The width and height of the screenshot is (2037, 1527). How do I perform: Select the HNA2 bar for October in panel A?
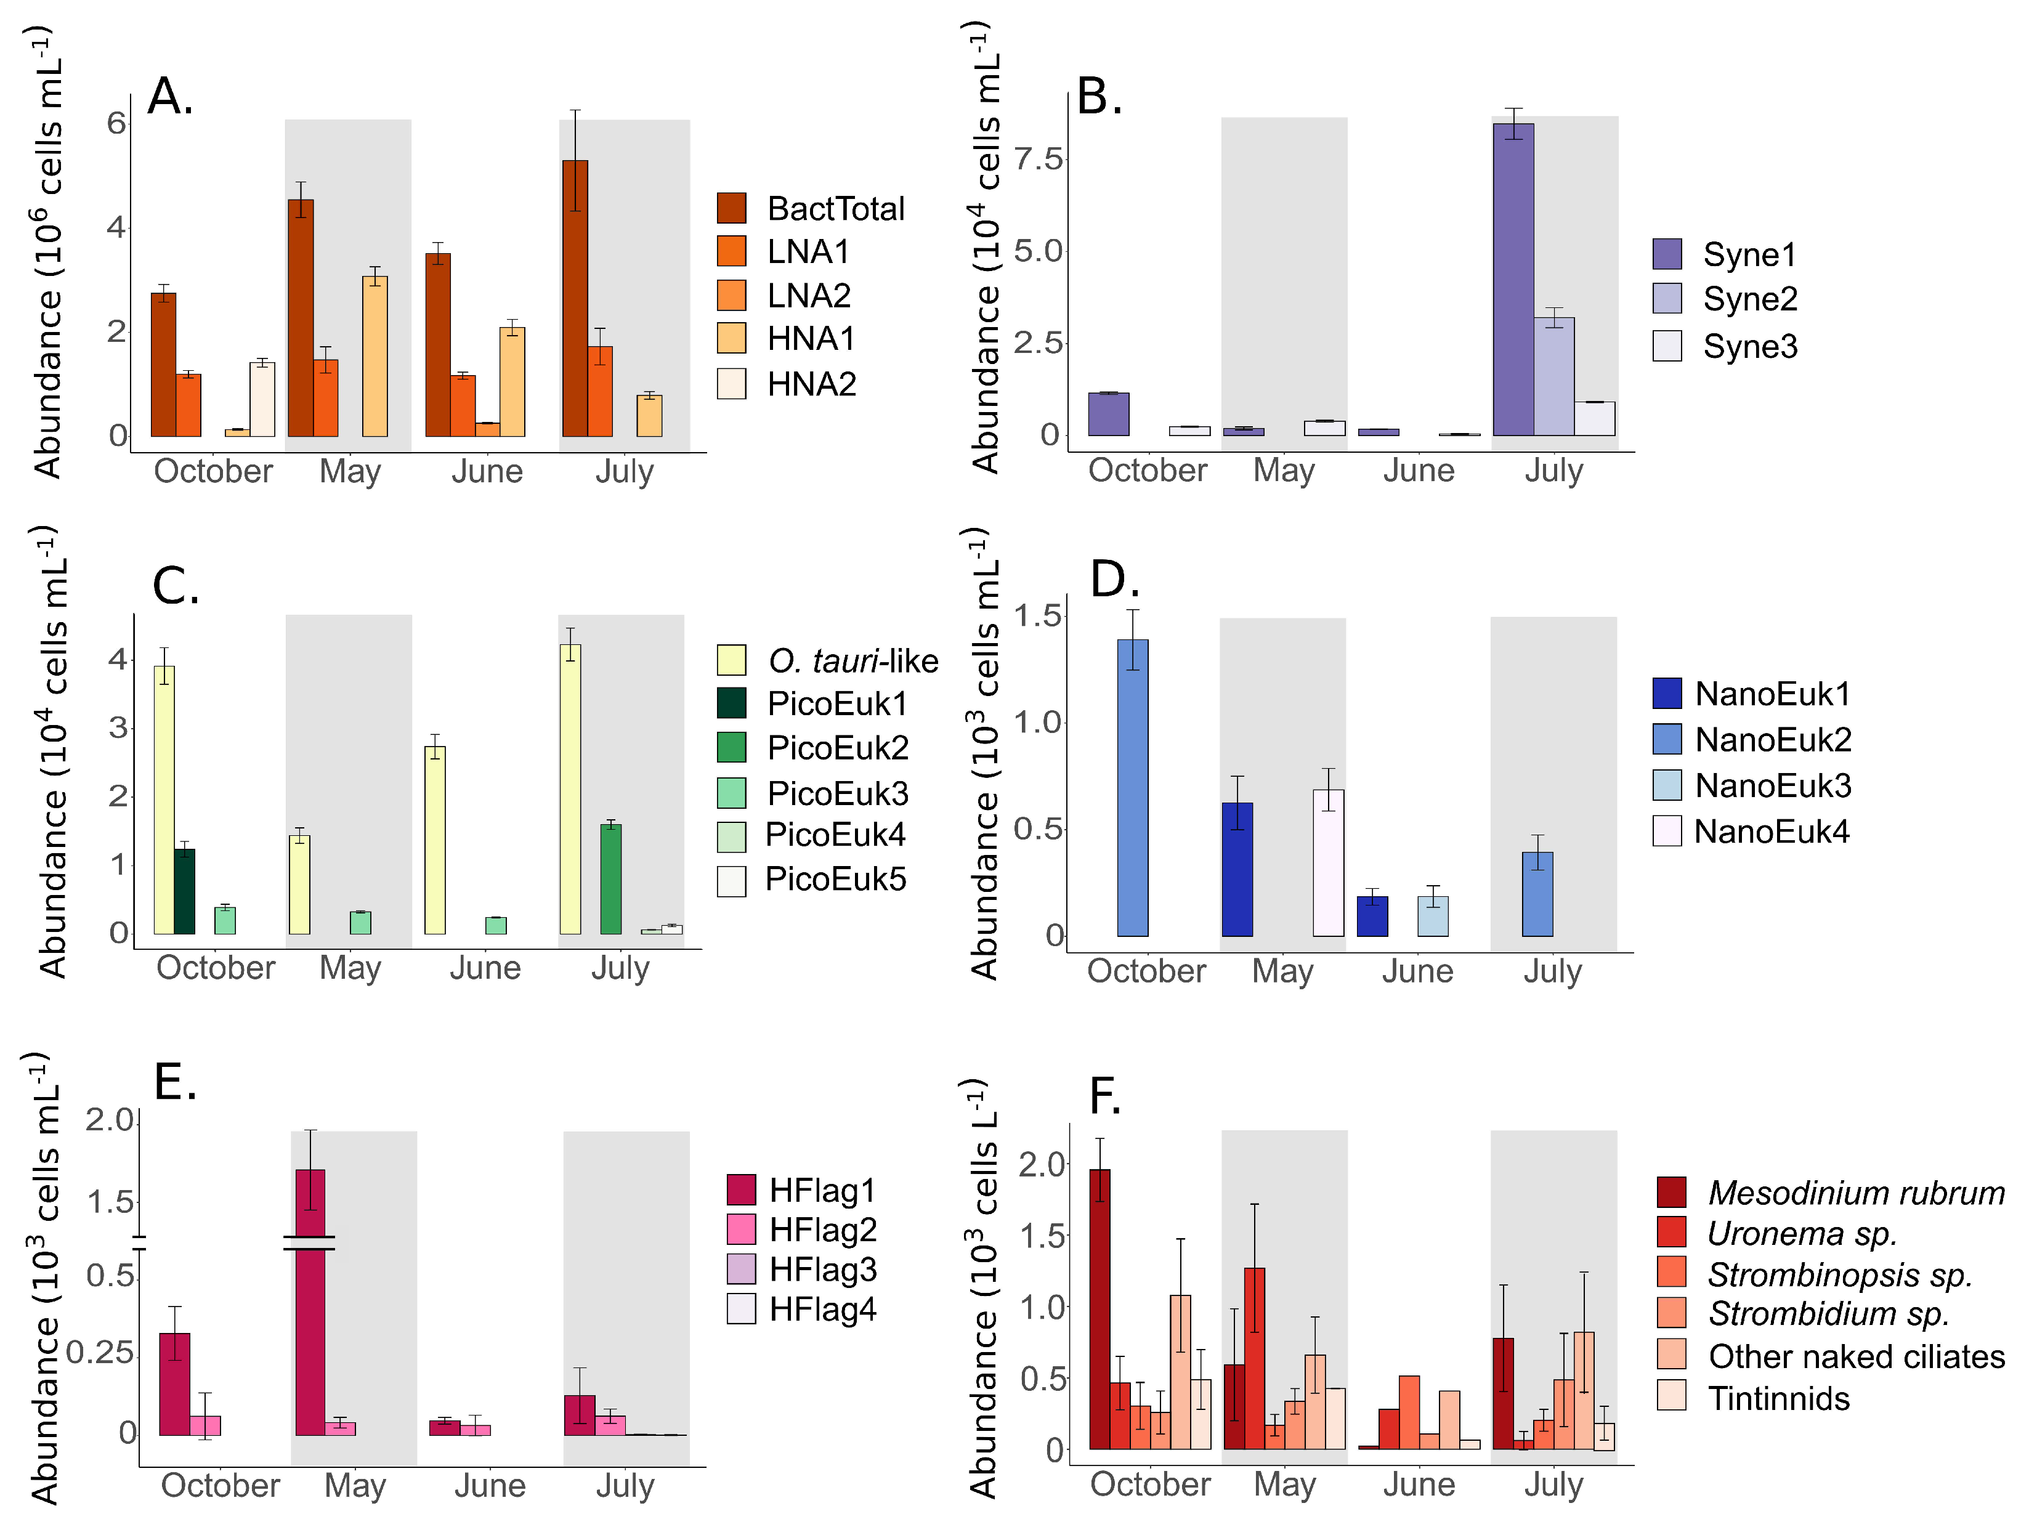tap(262, 400)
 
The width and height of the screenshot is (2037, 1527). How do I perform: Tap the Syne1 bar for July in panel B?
tap(1513, 280)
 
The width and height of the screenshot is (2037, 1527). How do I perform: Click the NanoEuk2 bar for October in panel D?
tap(1133, 788)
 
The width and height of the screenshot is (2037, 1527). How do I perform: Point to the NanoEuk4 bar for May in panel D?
tap(1328, 863)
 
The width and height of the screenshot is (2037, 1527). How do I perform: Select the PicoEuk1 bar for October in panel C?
tap(184, 891)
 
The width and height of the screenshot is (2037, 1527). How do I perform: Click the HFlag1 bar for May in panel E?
tap(310, 1302)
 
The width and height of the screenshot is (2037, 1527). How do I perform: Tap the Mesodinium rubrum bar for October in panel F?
tap(1099, 1310)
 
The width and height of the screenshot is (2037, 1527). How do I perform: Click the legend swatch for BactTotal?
tap(731, 208)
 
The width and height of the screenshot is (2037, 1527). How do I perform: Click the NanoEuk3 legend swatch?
tap(1667, 785)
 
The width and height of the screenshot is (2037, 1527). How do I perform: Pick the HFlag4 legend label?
tap(822, 1309)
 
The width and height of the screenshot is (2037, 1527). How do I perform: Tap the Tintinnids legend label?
tap(1779, 1398)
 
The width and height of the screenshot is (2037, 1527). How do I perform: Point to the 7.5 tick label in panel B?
tap(1039, 160)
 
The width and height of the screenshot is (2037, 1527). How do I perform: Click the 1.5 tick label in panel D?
tap(1039, 615)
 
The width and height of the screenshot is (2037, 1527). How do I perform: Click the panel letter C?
tap(176, 586)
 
